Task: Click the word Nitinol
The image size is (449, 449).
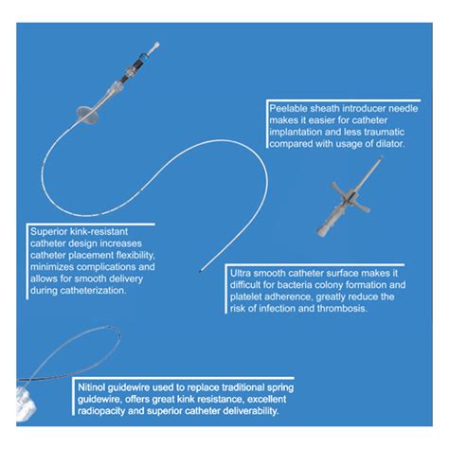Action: (x=95, y=388)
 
